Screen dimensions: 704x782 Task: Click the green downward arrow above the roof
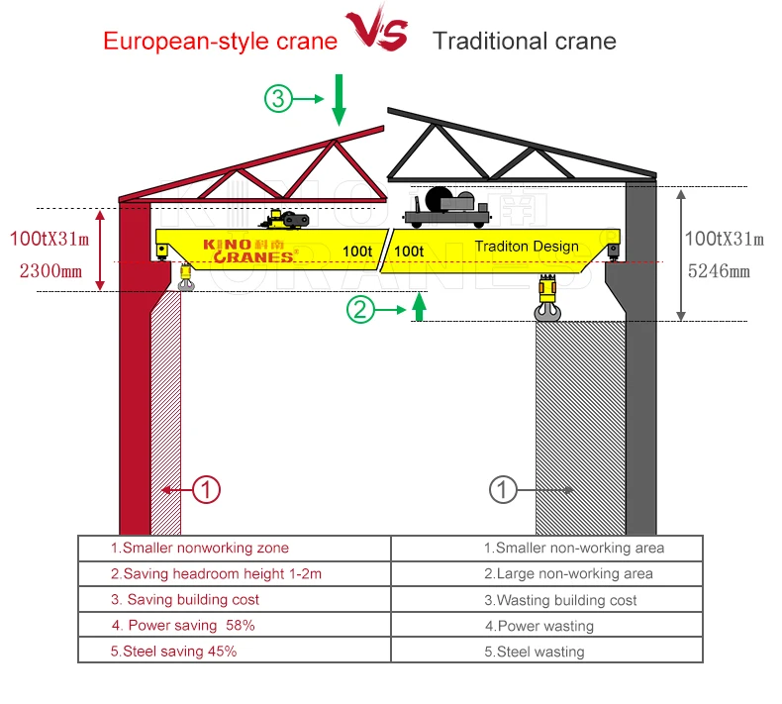[339, 99]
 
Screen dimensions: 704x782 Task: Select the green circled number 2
[361, 310]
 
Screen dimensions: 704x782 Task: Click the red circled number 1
[205, 489]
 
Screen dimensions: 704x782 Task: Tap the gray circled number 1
[503, 489]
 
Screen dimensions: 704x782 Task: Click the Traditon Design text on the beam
[527, 247]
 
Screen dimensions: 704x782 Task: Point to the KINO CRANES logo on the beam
[248, 251]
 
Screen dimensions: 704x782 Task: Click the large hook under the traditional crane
[547, 301]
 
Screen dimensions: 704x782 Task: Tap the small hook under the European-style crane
[186, 278]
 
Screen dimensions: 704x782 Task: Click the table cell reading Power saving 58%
[234, 625]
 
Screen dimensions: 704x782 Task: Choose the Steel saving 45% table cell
[234, 651]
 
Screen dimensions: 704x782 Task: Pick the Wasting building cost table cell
[547, 600]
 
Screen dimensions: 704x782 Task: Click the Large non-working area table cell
[547, 573]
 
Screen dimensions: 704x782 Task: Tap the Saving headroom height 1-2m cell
[234, 573]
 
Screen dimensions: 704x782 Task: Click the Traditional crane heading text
[525, 42]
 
